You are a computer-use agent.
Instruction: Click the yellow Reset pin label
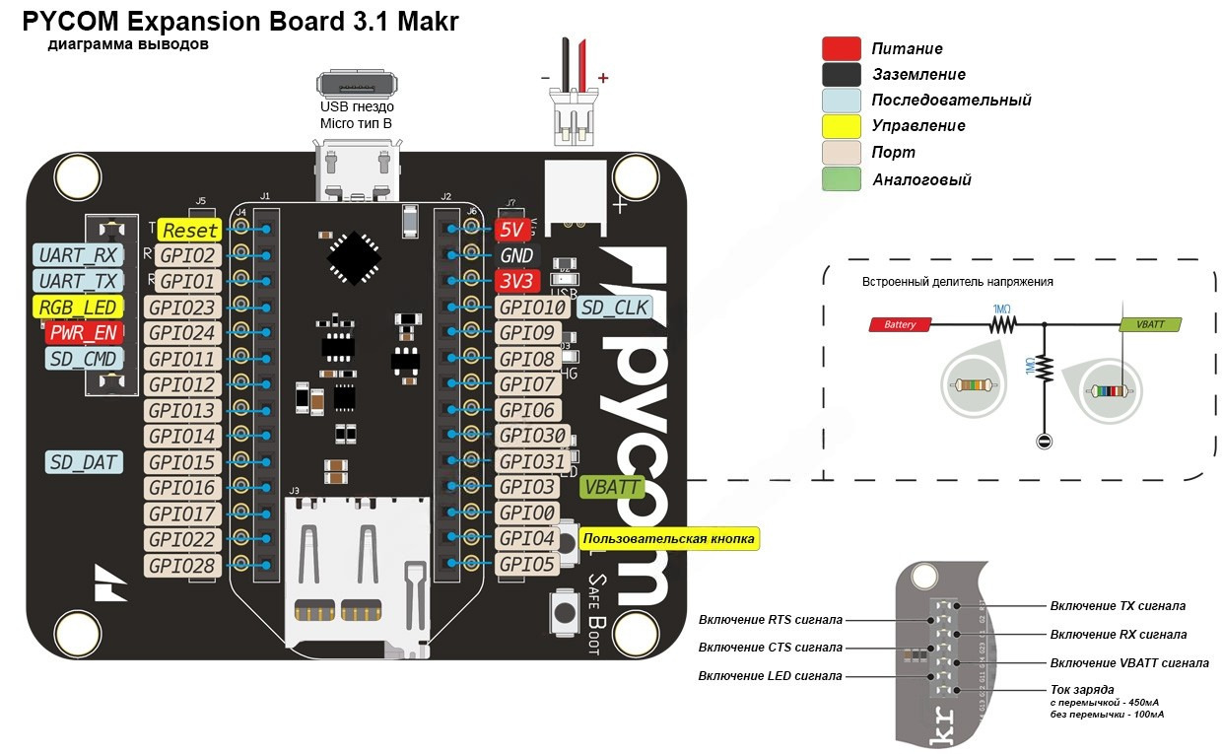point(189,230)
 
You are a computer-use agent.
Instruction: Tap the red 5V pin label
point(512,230)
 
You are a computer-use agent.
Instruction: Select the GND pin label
point(516,255)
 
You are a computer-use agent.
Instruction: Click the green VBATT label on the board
point(612,486)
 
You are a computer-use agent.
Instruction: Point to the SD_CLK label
point(614,308)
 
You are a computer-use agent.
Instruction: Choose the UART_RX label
point(78,255)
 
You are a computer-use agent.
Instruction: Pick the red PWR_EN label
point(84,333)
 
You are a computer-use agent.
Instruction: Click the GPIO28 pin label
point(182,565)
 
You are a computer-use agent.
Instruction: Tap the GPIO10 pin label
point(532,308)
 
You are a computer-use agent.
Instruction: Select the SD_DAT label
point(84,461)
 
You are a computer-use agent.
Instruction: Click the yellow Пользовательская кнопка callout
point(669,538)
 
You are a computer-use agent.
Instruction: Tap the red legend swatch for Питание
point(842,49)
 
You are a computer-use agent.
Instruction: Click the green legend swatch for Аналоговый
point(842,179)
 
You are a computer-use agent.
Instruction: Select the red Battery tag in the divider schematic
point(900,324)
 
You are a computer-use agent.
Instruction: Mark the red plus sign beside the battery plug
point(603,78)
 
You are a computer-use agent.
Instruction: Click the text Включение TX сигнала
point(1118,606)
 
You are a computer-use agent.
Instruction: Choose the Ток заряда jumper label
point(1082,689)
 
